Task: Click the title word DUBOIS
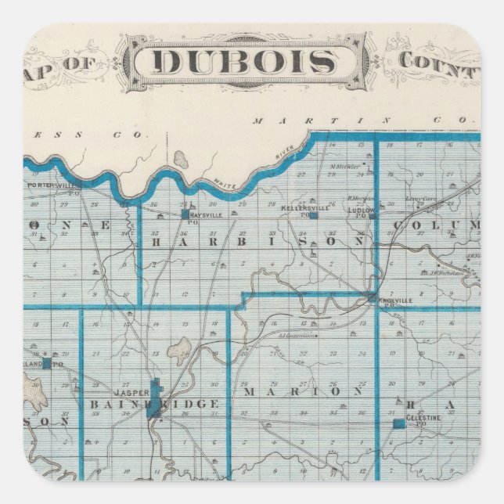tap(242, 62)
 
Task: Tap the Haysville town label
tap(206, 212)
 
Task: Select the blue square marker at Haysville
tap(185, 214)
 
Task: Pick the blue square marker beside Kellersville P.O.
tap(312, 214)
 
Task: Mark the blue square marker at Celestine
tap(398, 423)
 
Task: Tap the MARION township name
tap(302, 390)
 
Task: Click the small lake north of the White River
tap(182, 160)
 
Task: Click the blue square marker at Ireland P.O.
tap(47, 363)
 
